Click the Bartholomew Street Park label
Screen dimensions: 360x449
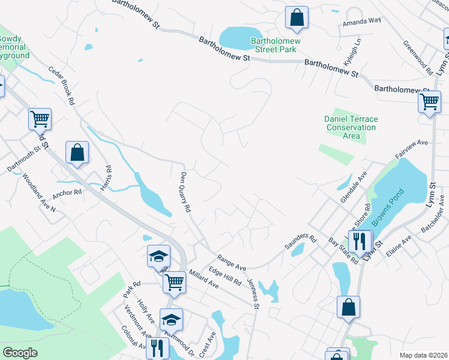click(x=273, y=46)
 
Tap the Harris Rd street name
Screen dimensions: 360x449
click(x=107, y=179)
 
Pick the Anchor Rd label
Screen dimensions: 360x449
click(x=67, y=193)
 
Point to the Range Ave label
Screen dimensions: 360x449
click(x=232, y=262)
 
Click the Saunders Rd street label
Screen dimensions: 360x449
click(x=300, y=245)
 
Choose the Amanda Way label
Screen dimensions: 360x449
click(x=362, y=20)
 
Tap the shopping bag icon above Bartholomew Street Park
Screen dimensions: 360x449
click(x=297, y=17)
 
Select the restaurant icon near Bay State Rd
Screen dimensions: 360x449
click(x=360, y=241)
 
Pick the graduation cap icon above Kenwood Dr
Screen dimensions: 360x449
click(x=171, y=319)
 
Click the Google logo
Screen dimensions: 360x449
click(x=20, y=353)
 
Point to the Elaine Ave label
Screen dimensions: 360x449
click(x=399, y=247)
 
